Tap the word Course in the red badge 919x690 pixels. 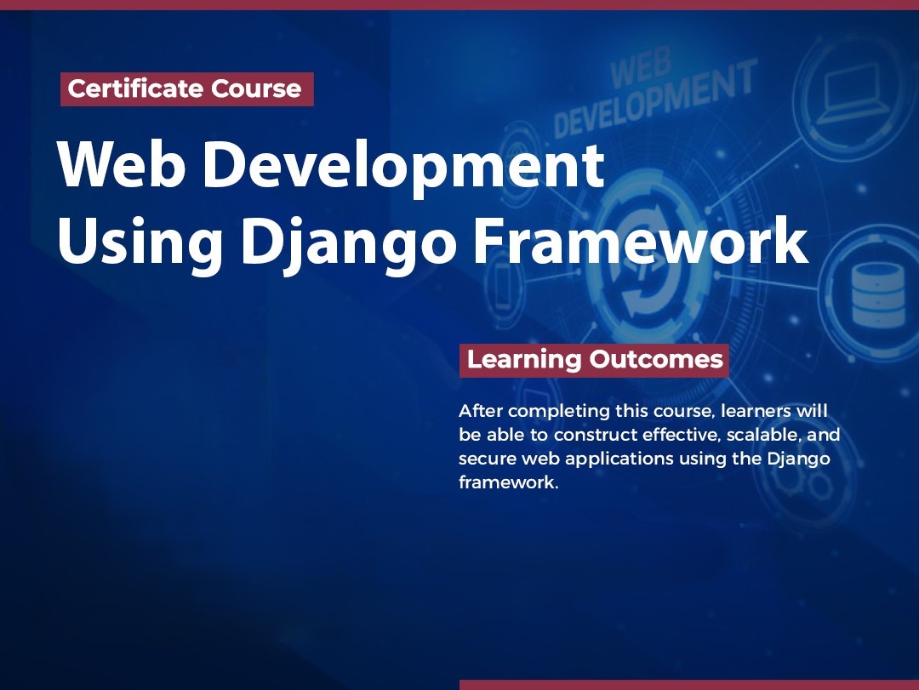point(256,89)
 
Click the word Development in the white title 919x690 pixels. point(403,167)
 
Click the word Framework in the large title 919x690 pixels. point(642,241)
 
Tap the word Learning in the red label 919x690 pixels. point(523,359)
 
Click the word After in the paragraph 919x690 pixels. point(481,411)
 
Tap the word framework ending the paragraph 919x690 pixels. point(508,482)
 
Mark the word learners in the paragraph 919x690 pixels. point(756,411)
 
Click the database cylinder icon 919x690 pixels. point(877,295)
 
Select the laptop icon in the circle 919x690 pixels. point(850,94)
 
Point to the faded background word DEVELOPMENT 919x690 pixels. point(655,99)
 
